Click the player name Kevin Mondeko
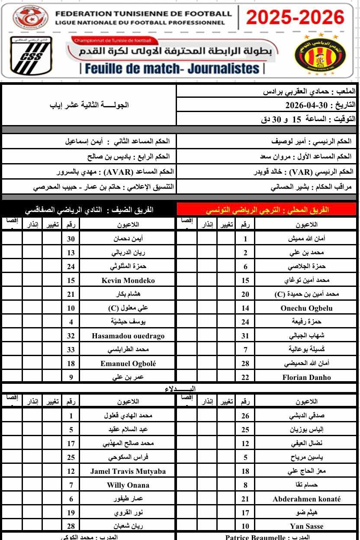[x=128, y=280]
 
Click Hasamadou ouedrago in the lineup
[x=128, y=336]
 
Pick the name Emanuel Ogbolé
[x=128, y=363]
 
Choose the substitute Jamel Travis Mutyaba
[x=128, y=471]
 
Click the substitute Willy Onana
[x=128, y=485]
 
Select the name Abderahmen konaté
[x=306, y=499]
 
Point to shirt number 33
[x=71, y=350]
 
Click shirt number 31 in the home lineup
[x=245, y=336]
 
